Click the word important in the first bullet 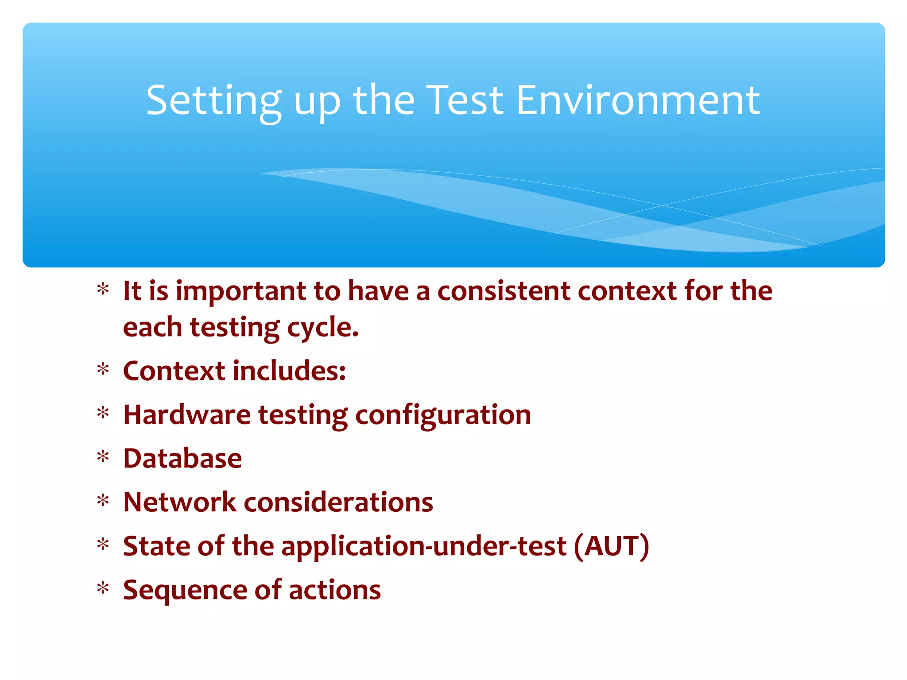pos(241,292)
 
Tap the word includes pos(289,371)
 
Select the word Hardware pos(187,415)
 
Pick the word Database pos(182,458)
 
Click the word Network pos(180,502)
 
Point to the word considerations pos(338,502)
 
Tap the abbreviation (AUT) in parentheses pos(612,546)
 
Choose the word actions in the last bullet pos(334,590)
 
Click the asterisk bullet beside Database pos(103,456)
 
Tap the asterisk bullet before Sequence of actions pos(103,589)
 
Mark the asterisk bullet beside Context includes pos(103,369)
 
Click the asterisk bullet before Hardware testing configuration pos(103,413)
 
